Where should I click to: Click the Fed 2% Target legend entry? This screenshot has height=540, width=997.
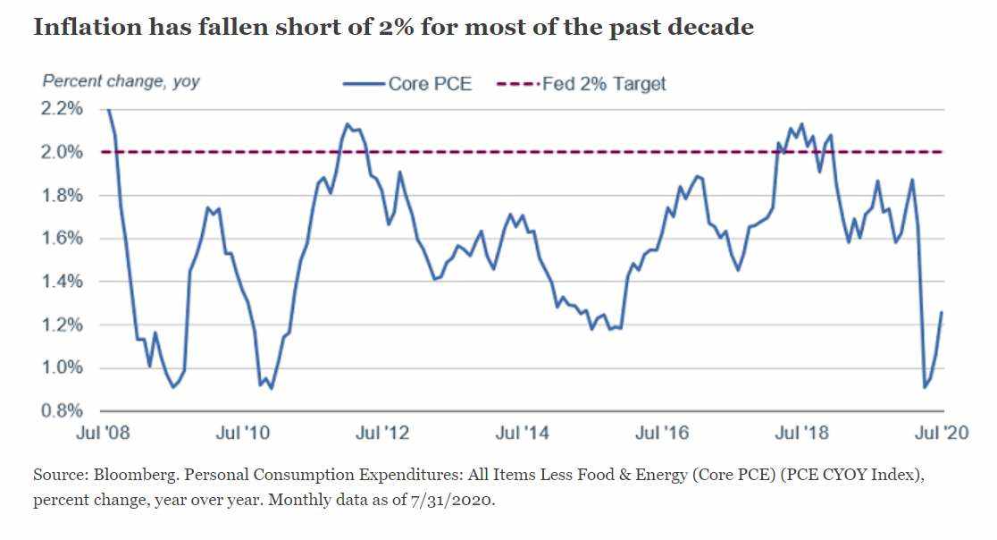tap(603, 84)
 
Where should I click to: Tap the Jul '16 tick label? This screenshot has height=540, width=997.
tap(662, 434)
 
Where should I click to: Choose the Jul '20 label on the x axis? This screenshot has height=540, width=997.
tap(941, 434)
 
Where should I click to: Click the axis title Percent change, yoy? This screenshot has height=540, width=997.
tap(121, 81)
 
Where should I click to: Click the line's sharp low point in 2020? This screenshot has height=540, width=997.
tap(924, 387)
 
